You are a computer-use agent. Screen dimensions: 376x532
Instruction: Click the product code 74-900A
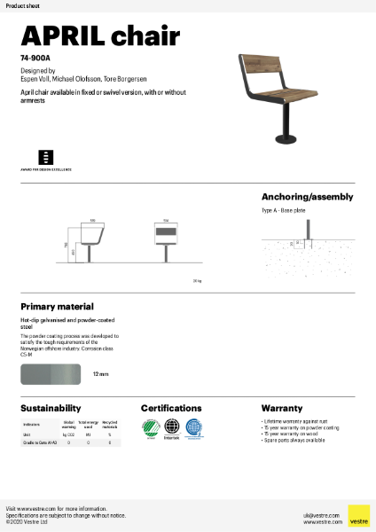click(35, 59)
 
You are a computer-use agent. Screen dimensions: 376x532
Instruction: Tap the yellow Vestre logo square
click(358, 515)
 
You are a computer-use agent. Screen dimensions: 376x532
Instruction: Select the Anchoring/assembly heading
click(307, 197)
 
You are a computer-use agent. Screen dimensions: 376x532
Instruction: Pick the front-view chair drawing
click(166, 239)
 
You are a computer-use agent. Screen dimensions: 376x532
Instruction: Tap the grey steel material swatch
click(51, 375)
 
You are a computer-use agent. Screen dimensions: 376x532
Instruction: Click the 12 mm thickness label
click(100, 375)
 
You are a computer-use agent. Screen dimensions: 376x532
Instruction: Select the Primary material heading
click(57, 307)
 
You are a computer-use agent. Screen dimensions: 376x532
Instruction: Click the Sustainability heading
click(51, 408)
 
